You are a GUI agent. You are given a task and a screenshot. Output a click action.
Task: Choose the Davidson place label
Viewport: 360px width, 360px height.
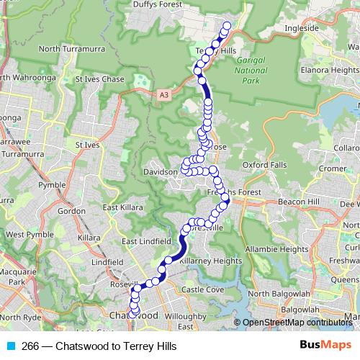(x=160, y=173)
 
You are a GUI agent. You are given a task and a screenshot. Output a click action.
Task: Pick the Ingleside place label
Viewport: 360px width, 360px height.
(x=301, y=29)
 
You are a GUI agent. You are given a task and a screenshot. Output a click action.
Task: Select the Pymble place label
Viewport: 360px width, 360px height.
(x=51, y=186)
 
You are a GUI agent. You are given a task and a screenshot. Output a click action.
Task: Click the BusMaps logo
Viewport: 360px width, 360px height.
(x=326, y=345)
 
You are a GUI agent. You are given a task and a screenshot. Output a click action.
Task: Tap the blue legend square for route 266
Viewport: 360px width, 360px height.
(x=11, y=346)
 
